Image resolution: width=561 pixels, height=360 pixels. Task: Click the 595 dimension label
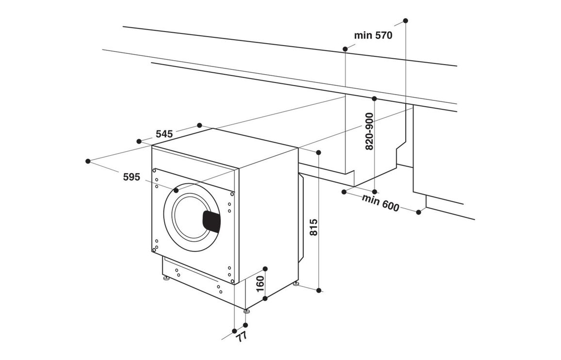pos(131,177)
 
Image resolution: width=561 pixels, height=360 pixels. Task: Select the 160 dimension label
pos(260,284)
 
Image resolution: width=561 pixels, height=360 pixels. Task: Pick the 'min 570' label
pos(373,35)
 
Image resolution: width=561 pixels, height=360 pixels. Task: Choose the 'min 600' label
pos(381,202)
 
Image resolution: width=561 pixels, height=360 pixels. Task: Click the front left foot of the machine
pos(166,279)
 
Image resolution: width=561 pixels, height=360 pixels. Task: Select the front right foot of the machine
pos(246,310)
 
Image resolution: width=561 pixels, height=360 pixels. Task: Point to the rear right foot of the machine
pos(296,283)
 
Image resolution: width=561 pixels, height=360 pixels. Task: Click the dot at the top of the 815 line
pos(318,153)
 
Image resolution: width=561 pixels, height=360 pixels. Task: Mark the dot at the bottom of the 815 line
pos(319,291)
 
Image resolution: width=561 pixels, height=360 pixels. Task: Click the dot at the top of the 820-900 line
pos(374,98)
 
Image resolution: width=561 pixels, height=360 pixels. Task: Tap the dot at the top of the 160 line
pos(265,268)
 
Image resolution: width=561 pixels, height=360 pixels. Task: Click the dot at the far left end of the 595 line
pos(88,161)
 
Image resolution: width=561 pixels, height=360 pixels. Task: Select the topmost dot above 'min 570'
pos(406,21)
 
